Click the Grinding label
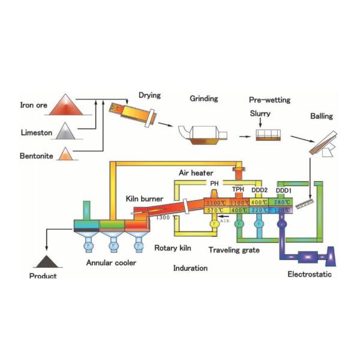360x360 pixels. point(204,98)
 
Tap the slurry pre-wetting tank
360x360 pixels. point(268,135)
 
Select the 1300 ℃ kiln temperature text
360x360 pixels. point(167,217)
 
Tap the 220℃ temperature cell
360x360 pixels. point(260,211)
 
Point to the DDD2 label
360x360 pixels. point(260,190)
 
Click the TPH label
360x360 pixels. point(238,190)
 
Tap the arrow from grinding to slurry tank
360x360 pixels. point(243,136)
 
